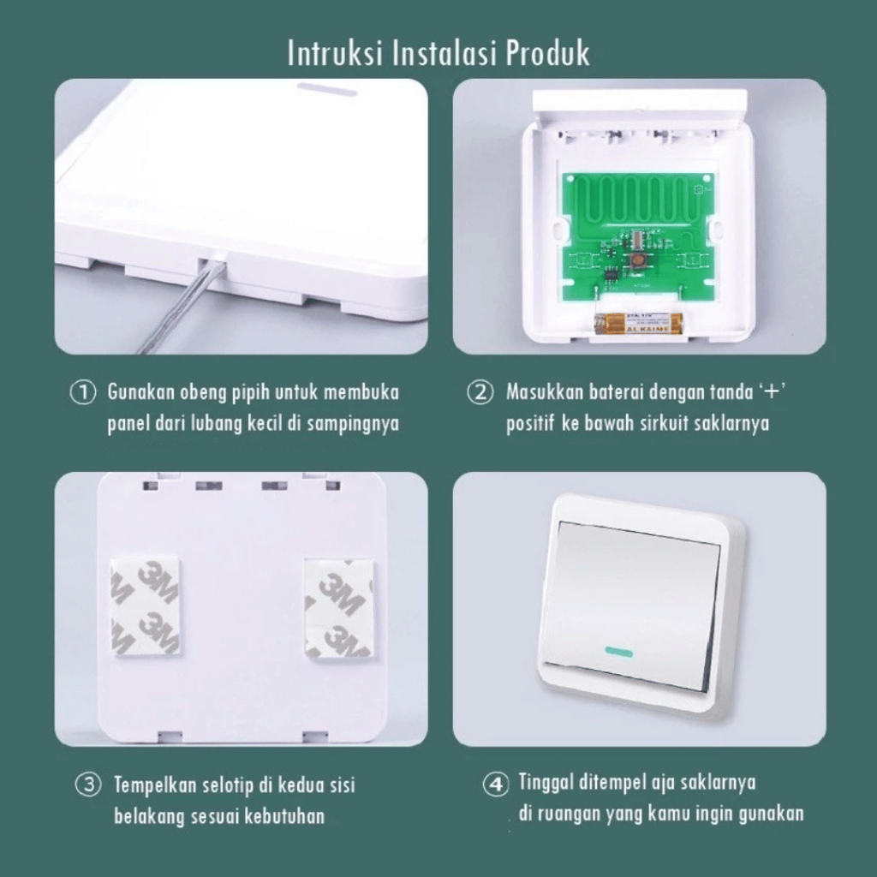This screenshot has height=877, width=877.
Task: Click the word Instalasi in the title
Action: (444, 53)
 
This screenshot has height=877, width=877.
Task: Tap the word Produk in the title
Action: (547, 53)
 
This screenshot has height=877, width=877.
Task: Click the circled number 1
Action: (83, 392)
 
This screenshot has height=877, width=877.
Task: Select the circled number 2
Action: (480, 392)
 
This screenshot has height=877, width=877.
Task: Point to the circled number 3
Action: (88, 785)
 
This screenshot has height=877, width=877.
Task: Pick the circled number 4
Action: (496, 785)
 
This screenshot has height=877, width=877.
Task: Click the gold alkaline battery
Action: (639, 323)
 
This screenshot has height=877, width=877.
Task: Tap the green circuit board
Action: (638, 236)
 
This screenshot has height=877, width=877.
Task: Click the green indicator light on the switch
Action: (618, 652)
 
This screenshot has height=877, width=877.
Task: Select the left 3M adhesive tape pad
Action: (146, 606)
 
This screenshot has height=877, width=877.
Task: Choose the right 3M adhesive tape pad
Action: (338, 607)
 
